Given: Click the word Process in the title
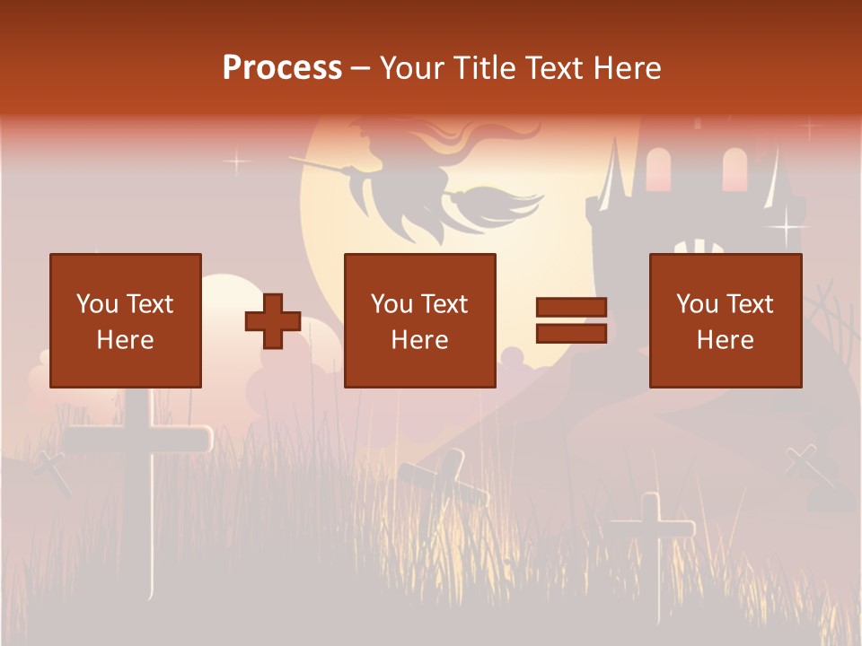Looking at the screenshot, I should [x=282, y=68].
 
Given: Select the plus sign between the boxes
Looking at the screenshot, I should [x=273, y=320].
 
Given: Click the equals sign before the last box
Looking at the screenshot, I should [x=571, y=320].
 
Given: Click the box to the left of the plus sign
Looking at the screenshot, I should [x=125, y=320].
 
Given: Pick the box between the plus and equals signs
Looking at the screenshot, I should [x=419, y=320].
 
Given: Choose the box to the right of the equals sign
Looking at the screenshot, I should [x=725, y=320].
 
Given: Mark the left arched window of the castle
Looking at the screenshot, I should [x=658, y=170].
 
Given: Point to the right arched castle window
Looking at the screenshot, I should [x=734, y=169].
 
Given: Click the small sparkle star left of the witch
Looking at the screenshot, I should [x=236, y=162].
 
